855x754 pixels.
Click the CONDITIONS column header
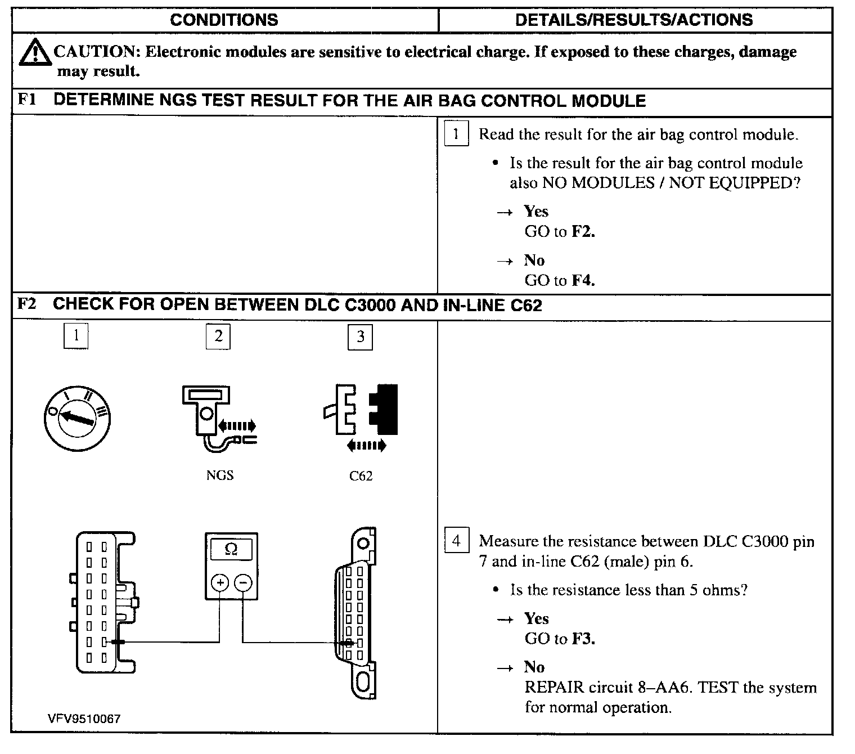coord(224,20)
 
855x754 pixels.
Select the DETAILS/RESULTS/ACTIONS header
coord(634,20)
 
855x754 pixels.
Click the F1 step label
coord(27,100)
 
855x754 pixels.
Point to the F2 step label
coord(27,304)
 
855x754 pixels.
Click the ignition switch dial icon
coord(77,418)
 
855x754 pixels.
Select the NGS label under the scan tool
coord(219,475)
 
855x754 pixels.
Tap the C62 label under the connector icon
coord(361,476)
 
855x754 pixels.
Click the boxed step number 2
coord(218,336)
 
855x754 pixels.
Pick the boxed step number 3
coord(361,336)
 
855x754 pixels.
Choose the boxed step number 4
coord(456,541)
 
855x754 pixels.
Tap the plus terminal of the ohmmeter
coord(219,583)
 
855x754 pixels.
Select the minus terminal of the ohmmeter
coord(243,583)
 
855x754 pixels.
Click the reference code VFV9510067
coord(84,719)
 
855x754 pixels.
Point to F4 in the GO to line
coord(583,280)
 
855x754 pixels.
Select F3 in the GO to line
coord(583,639)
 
